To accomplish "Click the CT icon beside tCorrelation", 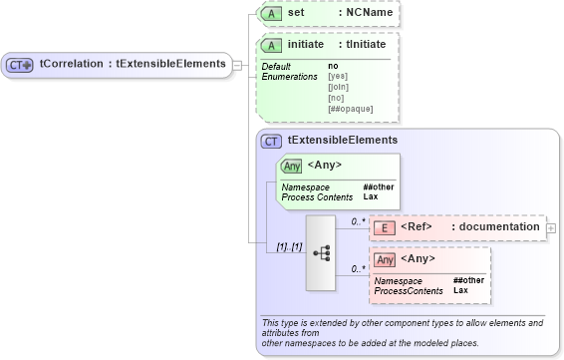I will point(20,64).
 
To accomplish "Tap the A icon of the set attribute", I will point(270,14).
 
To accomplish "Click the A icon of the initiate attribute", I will point(270,46).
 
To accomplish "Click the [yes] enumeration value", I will point(338,76).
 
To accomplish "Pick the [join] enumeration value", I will point(338,86).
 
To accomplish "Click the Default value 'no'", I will point(333,66).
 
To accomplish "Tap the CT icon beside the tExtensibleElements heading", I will point(271,142).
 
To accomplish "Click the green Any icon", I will point(292,167).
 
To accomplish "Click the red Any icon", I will point(385,259).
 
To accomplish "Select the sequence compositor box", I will point(322,252).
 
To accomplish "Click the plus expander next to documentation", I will point(551,228).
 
